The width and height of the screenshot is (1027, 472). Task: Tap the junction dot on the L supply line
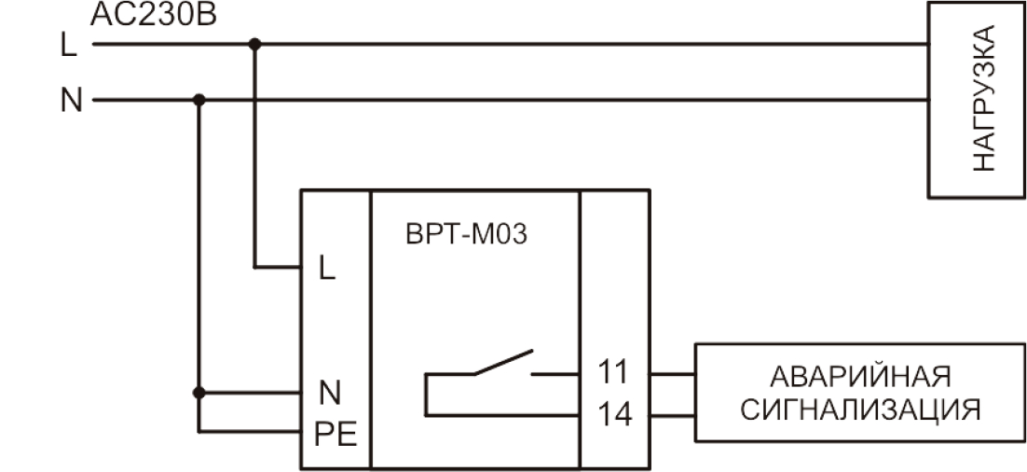click(x=254, y=43)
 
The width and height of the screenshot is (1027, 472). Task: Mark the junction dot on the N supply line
click(x=199, y=99)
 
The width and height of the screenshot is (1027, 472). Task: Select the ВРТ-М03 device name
click(x=466, y=233)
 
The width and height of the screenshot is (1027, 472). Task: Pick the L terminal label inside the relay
click(x=325, y=270)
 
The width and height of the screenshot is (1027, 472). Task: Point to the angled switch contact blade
click(x=503, y=363)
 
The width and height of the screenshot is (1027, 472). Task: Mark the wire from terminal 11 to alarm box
click(x=672, y=373)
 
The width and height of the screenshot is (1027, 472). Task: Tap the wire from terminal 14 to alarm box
click(x=672, y=414)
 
